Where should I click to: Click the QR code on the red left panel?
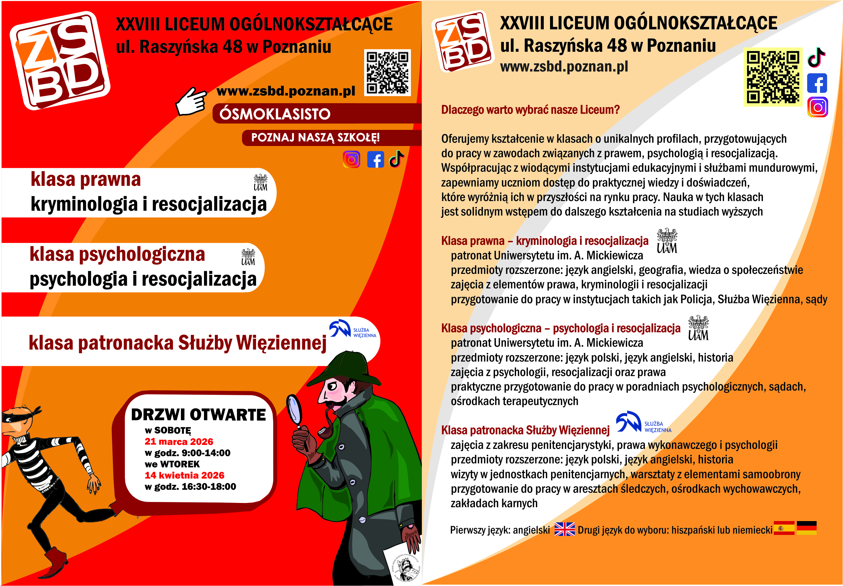pyautogui.click(x=387, y=73)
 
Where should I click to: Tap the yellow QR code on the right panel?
pyautogui.click(x=773, y=77)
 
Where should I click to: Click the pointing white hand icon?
pyautogui.click(x=190, y=101)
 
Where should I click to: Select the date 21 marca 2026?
pyautogui.click(x=179, y=441)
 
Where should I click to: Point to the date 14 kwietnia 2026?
pyautogui.click(x=184, y=475)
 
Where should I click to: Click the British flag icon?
pyautogui.click(x=564, y=529)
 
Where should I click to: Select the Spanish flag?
pyautogui.click(x=784, y=528)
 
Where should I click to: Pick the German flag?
pyautogui.click(x=806, y=528)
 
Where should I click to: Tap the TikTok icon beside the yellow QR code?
pyautogui.click(x=817, y=58)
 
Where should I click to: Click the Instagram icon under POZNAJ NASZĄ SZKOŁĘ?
pyautogui.click(x=351, y=159)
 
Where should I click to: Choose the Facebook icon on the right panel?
pyautogui.click(x=817, y=83)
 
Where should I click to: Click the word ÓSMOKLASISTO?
pyautogui.click(x=275, y=114)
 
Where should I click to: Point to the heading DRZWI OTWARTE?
pyautogui.click(x=198, y=415)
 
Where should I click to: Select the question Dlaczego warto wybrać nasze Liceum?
pyautogui.click(x=530, y=110)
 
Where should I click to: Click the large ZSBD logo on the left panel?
pyautogui.click(x=60, y=61)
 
